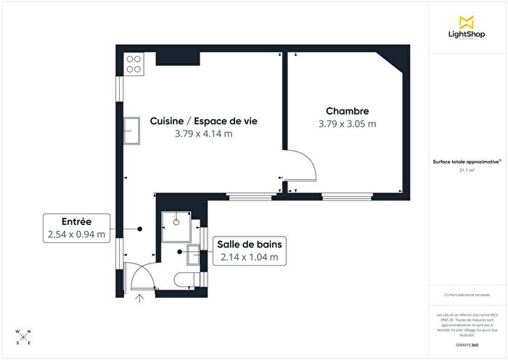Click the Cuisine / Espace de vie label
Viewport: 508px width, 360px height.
[x=203, y=121]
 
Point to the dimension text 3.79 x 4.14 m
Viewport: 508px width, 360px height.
[x=203, y=134]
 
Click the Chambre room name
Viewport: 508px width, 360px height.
[x=347, y=111]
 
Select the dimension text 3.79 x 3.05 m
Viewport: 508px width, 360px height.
[x=347, y=123]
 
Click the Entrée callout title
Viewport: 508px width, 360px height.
[x=75, y=221]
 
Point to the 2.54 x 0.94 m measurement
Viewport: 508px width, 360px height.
[x=75, y=234]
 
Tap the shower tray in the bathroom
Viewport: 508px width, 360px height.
[x=175, y=226]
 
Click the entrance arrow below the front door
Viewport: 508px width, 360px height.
[x=141, y=298]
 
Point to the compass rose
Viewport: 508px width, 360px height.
[x=22, y=337]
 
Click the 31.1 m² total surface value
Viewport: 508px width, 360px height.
[x=467, y=171]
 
